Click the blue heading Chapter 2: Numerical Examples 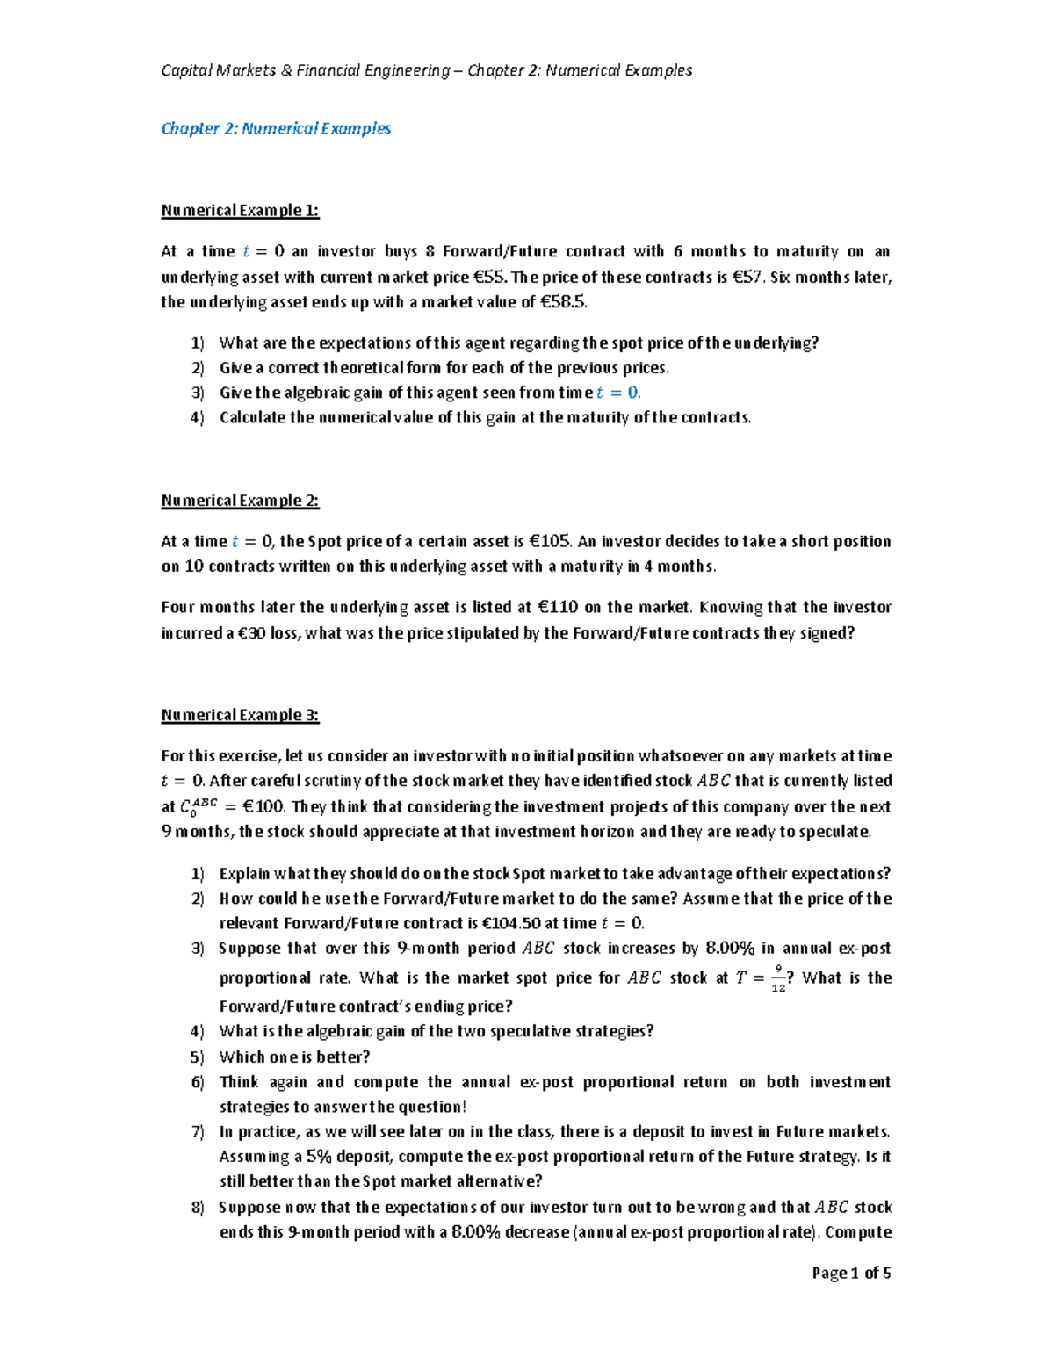pos(276,128)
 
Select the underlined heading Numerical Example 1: pos(240,210)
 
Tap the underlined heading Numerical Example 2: pos(240,501)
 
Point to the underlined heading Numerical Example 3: pos(240,715)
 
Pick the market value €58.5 pos(562,302)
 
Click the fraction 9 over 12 pos(778,978)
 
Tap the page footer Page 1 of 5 pos(851,1273)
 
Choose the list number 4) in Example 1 pos(197,417)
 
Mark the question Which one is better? pos(294,1057)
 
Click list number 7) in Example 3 pos(197,1131)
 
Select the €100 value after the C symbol pos(261,806)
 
